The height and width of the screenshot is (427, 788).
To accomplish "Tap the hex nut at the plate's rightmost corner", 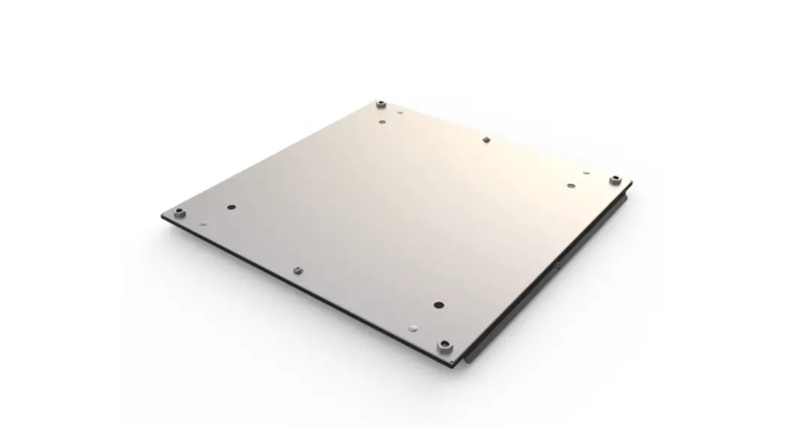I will pos(614,179).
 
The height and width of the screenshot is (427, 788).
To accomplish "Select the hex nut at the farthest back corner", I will pos(381,103).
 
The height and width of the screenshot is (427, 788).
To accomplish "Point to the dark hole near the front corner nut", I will pos(439,305).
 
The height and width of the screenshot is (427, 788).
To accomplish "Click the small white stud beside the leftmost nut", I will pos(204,223).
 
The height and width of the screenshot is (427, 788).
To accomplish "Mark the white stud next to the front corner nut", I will pos(413,328).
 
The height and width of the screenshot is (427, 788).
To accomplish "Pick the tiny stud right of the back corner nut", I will pos(400,113).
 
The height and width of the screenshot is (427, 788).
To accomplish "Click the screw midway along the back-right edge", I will pos(486,140).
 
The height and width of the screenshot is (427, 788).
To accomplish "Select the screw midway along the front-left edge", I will pos(297,269).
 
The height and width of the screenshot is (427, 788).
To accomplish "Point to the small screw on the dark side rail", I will pos(559,265).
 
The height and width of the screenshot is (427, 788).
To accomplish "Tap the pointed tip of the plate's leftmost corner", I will pos(162,216).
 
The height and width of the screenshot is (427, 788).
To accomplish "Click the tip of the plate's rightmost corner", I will pos(631,182).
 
